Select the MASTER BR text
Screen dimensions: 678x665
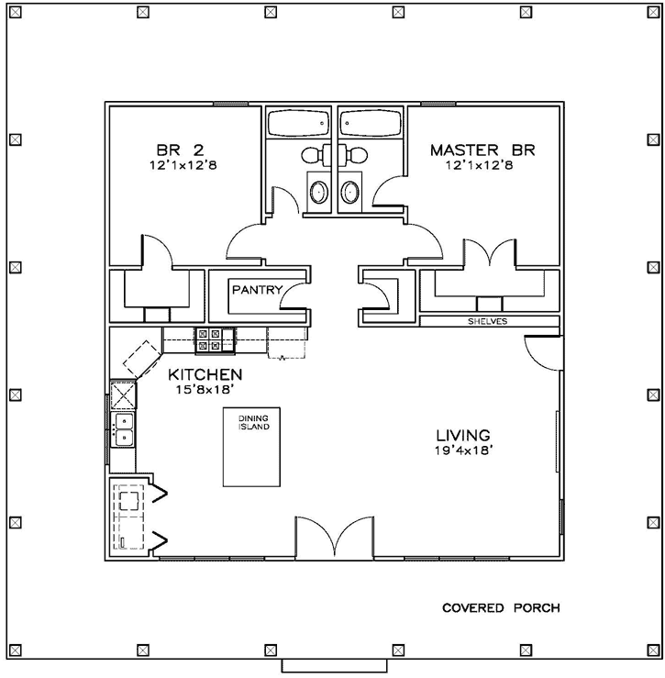click(482, 149)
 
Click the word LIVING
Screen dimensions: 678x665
click(462, 435)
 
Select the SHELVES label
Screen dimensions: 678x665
click(487, 321)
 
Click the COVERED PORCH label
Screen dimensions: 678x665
click(501, 607)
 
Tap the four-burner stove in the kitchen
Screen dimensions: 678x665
click(207, 340)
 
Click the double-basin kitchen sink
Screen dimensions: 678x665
click(122, 429)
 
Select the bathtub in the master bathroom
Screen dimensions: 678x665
click(371, 122)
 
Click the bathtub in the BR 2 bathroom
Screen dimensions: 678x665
click(298, 122)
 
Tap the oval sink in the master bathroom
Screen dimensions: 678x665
click(350, 192)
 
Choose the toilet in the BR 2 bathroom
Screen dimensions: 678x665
click(313, 153)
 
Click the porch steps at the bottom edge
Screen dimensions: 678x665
click(333, 665)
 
